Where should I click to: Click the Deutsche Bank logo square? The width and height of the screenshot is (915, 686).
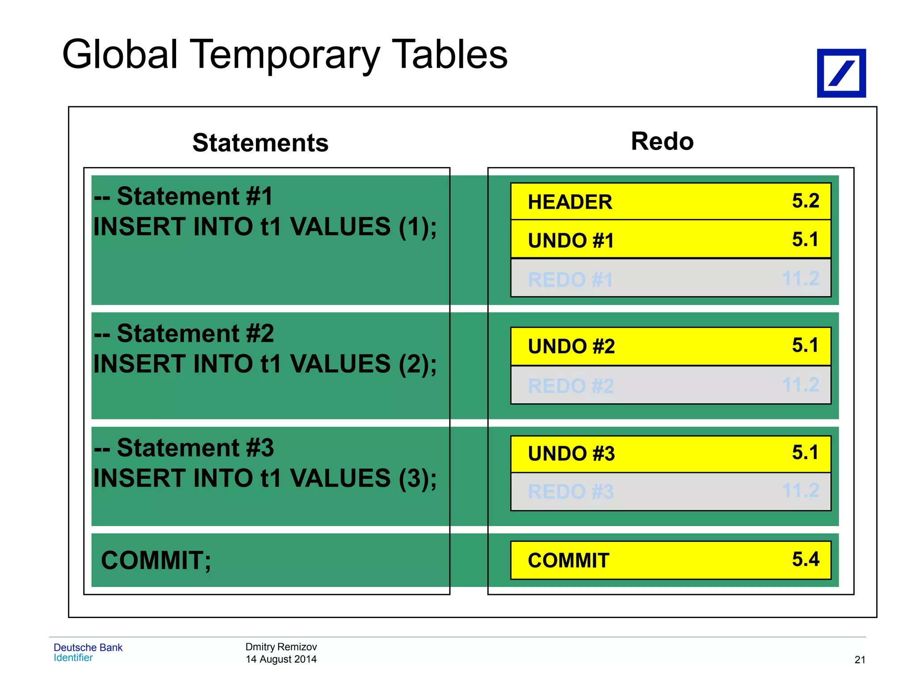point(841,73)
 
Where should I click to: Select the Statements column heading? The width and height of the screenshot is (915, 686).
point(260,143)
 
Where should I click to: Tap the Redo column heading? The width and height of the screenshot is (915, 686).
point(662,142)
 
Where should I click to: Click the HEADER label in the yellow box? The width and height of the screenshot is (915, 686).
point(570,202)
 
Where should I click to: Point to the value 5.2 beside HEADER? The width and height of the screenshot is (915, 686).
point(805,201)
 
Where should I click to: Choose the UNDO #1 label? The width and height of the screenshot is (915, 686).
point(571,241)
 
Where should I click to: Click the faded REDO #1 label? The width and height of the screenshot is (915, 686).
point(570,280)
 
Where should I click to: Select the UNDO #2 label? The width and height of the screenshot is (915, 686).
point(571,347)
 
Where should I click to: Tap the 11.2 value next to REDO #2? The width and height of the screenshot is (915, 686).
point(800,385)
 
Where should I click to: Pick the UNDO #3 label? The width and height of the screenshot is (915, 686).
point(571,454)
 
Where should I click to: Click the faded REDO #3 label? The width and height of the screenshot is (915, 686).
point(571,492)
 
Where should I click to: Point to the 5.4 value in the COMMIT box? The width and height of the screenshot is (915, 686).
point(805,559)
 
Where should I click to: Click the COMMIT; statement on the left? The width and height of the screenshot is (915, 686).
point(156,561)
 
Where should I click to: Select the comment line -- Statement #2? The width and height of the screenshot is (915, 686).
point(184,334)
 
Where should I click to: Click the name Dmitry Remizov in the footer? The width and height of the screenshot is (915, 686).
point(281,647)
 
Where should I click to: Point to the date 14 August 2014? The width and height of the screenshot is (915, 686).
point(281,659)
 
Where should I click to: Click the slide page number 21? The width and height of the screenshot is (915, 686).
point(860,660)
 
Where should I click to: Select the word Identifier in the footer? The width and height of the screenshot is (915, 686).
point(73,658)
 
